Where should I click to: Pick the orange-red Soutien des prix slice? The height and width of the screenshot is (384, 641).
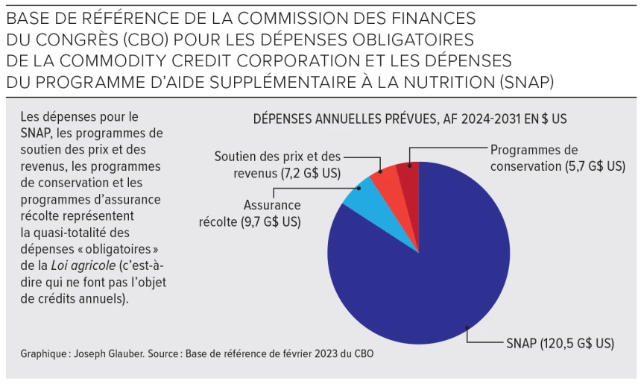386,176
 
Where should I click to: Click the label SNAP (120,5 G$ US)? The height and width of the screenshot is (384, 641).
560,343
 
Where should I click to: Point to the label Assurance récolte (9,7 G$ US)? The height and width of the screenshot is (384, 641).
250,213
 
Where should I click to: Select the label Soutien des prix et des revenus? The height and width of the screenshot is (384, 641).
277,165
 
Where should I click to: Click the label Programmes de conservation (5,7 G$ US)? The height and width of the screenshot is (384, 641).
557,158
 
